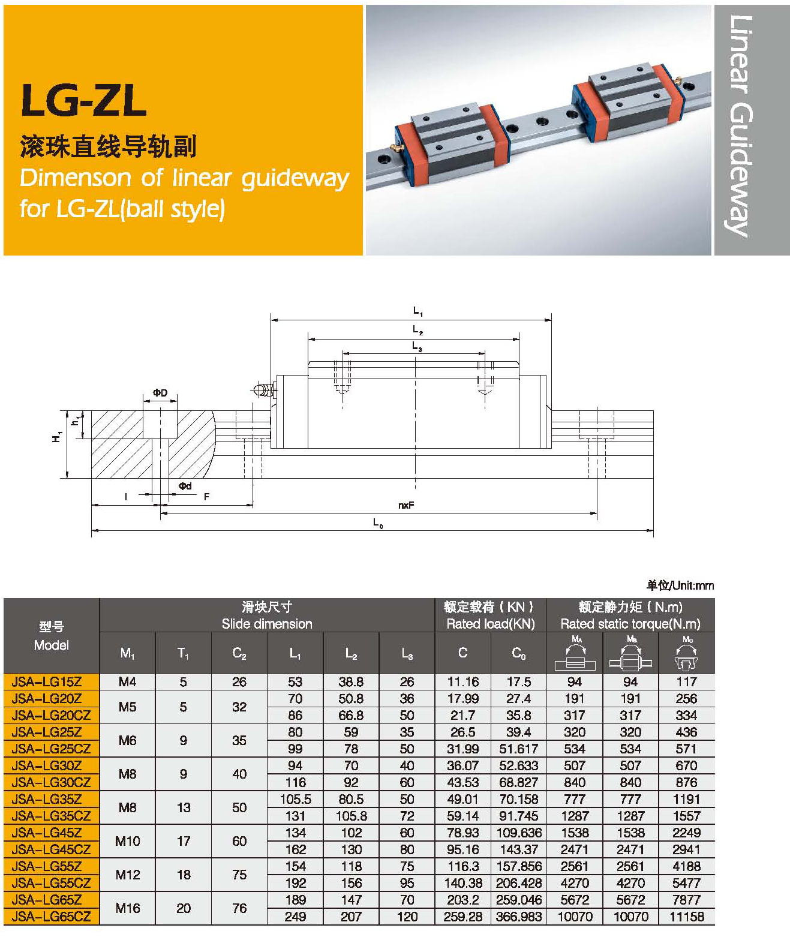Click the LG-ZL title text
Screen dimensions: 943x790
[84, 100]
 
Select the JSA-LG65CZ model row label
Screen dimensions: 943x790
[51, 917]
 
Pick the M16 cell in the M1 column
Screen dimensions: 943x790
[127, 908]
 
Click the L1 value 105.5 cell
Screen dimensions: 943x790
[295, 799]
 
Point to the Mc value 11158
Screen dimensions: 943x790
[686, 917]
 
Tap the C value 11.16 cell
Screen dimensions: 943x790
[462, 682]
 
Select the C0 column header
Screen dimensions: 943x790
[519, 653]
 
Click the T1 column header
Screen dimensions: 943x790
[183, 653]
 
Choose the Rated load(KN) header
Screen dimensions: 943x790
[490, 623]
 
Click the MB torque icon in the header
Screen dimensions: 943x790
[630, 654]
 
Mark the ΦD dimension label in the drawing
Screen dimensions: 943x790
[160, 394]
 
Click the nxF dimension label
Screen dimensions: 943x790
[406, 506]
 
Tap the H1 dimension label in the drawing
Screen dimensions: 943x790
[57, 437]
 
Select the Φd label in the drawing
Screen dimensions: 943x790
[185, 486]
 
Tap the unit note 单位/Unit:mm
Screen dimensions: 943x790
[680, 585]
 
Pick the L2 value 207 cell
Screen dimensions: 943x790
[351, 917]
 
